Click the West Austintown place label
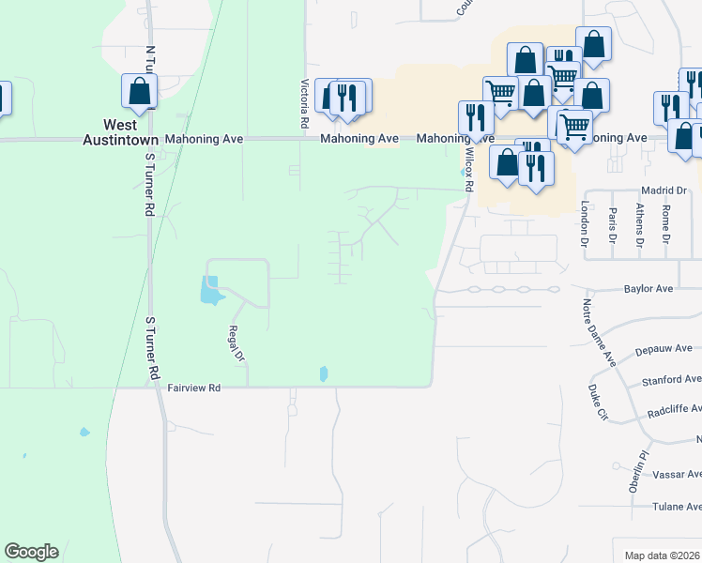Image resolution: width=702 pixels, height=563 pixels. point(120,131)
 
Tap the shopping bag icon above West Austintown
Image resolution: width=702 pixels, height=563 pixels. point(139,91)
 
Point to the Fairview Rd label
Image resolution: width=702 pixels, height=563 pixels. point(193,387)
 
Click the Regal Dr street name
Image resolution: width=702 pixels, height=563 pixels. point(236,343)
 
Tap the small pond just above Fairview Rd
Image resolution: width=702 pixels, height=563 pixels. point(324,373)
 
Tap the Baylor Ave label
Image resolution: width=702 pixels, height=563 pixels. point(649,290)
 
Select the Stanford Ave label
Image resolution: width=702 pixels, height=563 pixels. point(671,380)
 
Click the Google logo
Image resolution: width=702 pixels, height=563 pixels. point(31,552)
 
